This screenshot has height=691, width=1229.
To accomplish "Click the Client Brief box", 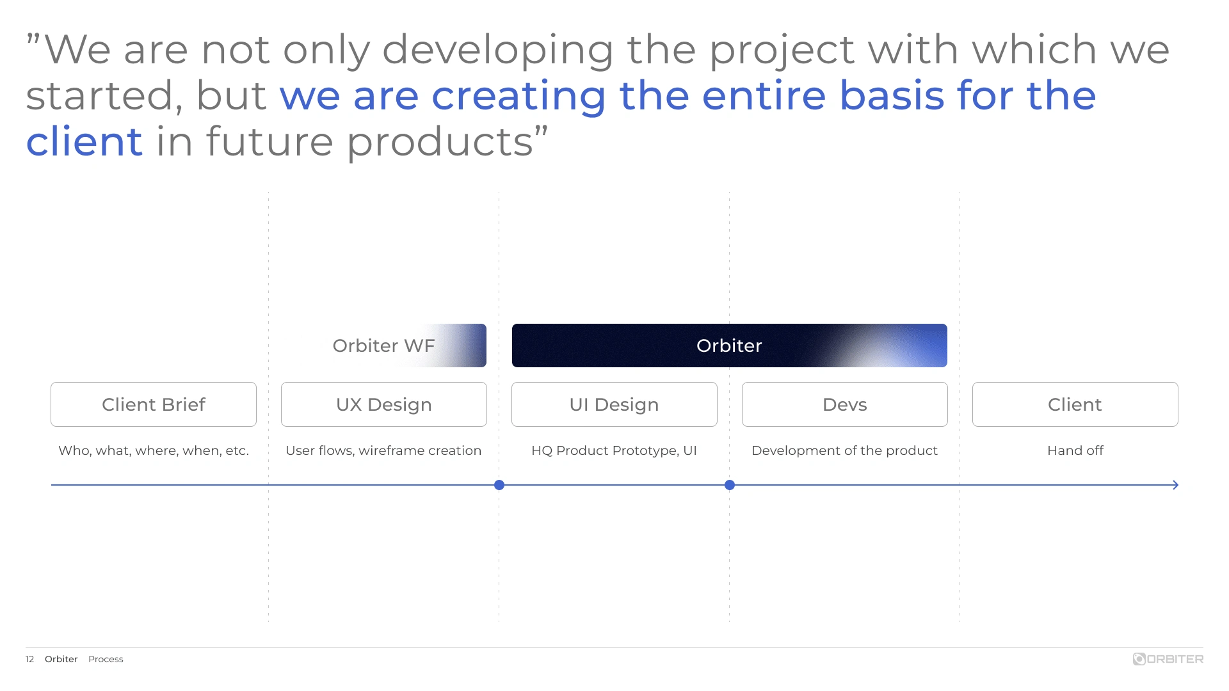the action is click(x=154, y=404).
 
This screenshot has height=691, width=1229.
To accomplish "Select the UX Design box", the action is click(x=384, y=404).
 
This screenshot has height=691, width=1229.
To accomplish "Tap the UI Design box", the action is click(x=614, y=404).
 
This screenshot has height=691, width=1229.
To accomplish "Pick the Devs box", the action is click(x=845, y=404).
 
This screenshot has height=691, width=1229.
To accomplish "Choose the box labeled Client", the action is click(x=1075, y=404).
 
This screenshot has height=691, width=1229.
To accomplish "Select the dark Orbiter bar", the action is click(x=730, y=345).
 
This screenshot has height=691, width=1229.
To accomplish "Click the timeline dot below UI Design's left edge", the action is click(x=499, y=485).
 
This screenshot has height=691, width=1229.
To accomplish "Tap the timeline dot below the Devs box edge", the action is click(x=730, y=485).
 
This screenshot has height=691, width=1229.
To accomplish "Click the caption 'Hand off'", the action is click(x=1075, y=450).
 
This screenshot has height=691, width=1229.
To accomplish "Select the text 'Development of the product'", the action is click(x=845, y=450).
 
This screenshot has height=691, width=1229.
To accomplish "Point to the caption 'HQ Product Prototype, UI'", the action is click(x=614, y=450).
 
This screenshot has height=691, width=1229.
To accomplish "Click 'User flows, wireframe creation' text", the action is click(x=383, y=450).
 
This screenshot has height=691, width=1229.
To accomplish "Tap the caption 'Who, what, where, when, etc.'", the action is click(x=154, y=450).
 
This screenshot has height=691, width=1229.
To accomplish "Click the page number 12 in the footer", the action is click(x=29, y=659).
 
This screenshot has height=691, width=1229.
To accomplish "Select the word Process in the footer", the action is click(x=106, y=659).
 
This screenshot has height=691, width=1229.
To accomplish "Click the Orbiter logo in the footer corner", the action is click(x=1168, y=659).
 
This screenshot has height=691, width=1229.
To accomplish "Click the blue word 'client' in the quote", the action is click(x=84, y=141).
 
